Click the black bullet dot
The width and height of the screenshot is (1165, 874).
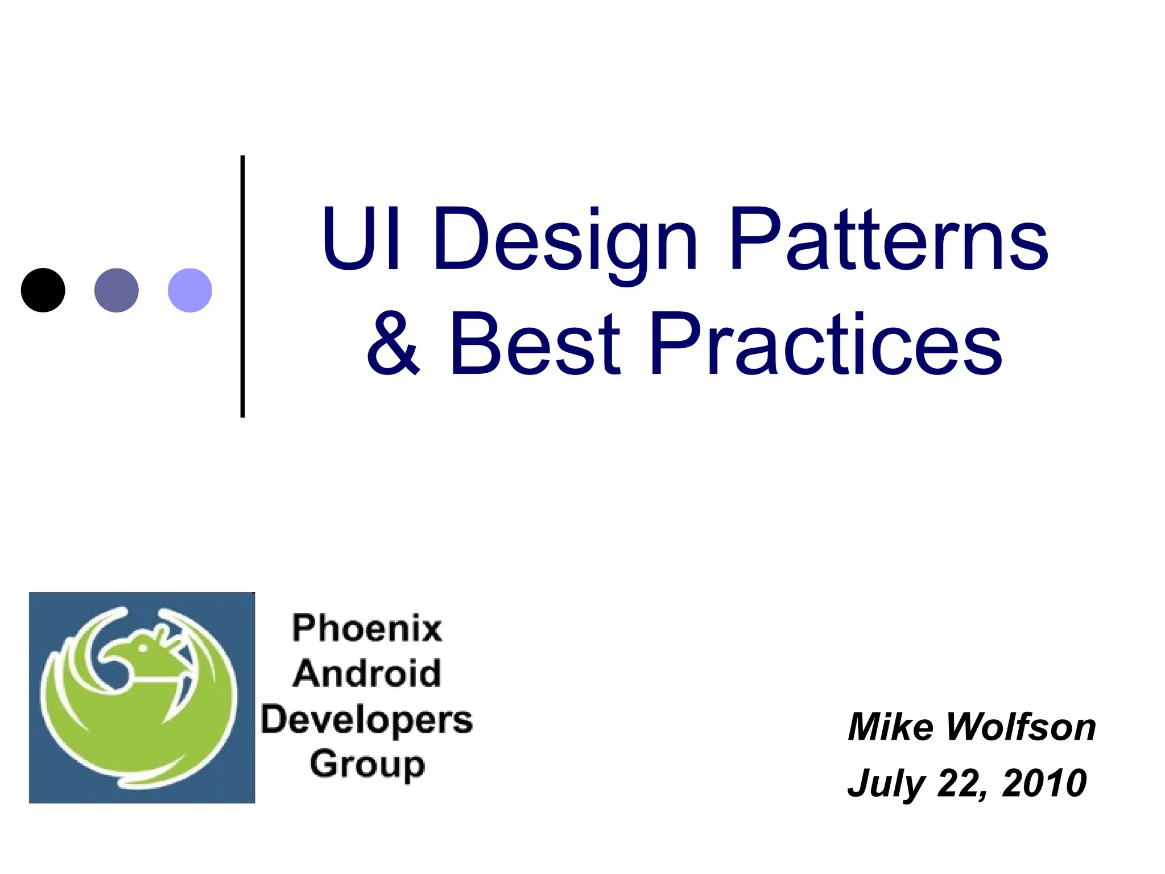pos(43,290)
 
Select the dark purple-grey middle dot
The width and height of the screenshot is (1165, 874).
pos(116,290)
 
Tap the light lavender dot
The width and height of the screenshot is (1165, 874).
pos(190,290)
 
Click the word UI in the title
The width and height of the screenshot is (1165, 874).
pos(362,239)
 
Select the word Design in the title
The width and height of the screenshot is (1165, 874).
pos(565,242)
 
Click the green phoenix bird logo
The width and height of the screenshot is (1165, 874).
pos(139,698)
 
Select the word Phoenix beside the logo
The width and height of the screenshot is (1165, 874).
pos(367,629)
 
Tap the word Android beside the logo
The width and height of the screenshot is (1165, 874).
pos(367,674)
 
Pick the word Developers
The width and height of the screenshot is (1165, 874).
pos(367,720)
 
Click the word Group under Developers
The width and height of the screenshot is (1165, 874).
pos(367,765)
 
